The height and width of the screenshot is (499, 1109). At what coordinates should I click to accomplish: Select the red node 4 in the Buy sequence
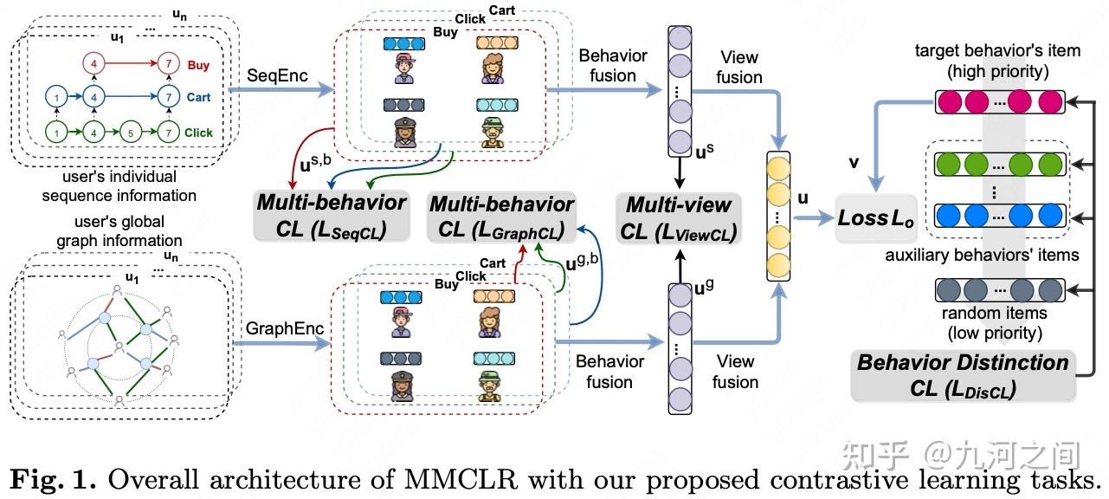click(x=94, y=64)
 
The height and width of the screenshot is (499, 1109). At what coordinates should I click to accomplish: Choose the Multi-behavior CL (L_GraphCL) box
click(x=501, y=217)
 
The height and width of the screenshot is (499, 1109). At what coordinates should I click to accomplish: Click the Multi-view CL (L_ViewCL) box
click(x=679, y=218)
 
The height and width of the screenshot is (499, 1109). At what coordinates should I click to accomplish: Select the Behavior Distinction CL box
click(x=962, y=375)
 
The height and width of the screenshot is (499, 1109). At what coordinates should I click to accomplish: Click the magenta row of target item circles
click(x=999, y=102)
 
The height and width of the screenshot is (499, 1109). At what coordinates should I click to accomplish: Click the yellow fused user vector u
click(x=779, y=216)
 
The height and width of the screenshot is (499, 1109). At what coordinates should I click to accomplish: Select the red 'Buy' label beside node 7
click(x=198, y=65)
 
